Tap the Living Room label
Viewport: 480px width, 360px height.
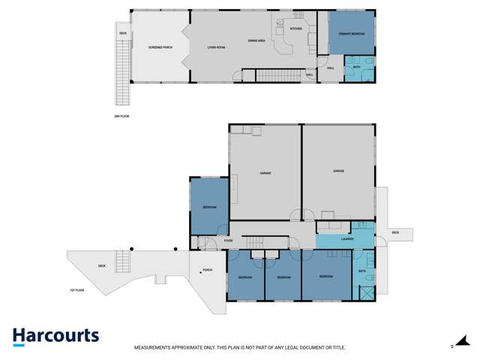[217, 47]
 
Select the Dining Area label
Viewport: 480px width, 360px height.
[257, 40]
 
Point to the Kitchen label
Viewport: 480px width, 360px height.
[295, 28]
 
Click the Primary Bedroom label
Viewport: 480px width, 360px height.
[351, 34]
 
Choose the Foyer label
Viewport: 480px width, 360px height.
[228, 241]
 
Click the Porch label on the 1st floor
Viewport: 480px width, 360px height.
[207, 270]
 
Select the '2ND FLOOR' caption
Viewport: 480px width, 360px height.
[121, 117]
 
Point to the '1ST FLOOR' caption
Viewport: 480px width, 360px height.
[76, 289]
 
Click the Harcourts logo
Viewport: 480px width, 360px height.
[55, 337]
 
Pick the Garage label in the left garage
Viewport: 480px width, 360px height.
[265, 173]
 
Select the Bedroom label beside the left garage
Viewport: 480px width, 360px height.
[209, 207]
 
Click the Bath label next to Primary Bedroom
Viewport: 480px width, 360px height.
[357, 67]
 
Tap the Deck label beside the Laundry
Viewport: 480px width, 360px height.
[395, 232]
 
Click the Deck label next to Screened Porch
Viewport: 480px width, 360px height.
[122, 34]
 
